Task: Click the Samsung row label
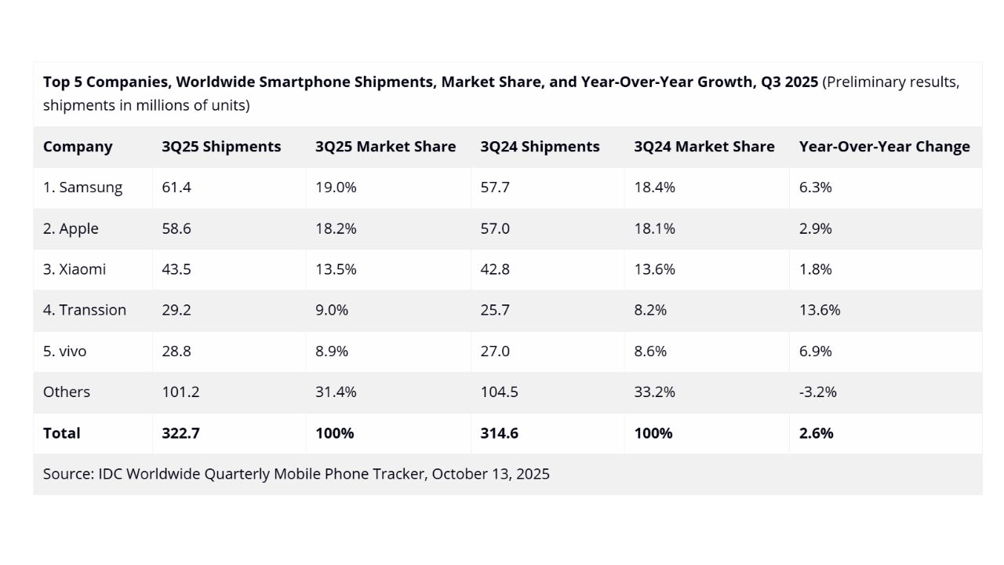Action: point(82,188)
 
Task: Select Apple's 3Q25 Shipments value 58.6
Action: point(176,228)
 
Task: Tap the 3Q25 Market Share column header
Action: point(385,147)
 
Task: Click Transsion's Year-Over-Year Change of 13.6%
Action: point(820,310)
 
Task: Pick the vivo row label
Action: point(65,351)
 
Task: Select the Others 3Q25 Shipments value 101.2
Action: point(180,392)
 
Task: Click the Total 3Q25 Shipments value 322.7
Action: point(181,433)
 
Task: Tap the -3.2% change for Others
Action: point(818,392)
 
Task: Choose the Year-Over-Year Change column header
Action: point(884,147)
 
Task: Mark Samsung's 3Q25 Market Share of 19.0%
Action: point(336,188)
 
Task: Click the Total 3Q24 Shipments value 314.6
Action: point(500,433)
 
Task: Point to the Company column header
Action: point(78,147)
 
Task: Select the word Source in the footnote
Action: point(67,474)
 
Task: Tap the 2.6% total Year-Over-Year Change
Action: point(816,433)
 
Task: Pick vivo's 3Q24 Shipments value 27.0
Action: point(495,351)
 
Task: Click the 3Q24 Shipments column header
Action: point(540,147)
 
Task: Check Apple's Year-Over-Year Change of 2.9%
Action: point(816,228)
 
